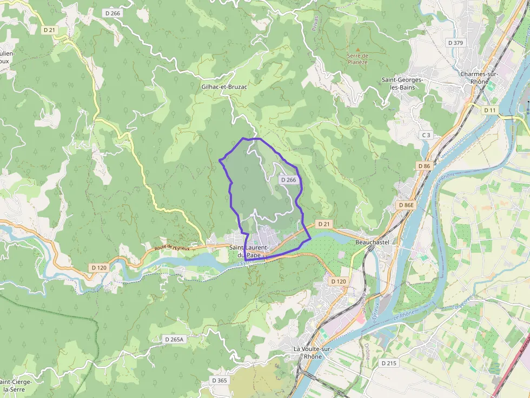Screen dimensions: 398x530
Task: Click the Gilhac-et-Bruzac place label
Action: (224, 86)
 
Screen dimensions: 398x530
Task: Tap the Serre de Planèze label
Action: (357, 58)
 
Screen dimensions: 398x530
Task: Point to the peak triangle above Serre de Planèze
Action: (357, 49)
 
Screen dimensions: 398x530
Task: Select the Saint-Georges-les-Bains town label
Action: (402, 83)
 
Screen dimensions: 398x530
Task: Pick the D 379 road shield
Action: (456, 43)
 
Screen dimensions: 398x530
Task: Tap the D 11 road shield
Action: (489, 110)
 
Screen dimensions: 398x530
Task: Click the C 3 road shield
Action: (426, 135)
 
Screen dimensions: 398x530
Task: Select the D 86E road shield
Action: (406, 205)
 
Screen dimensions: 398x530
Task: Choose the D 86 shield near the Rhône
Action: (424, 166)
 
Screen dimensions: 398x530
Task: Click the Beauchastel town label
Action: (372, 242)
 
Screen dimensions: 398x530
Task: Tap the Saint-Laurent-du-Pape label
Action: (249, 251)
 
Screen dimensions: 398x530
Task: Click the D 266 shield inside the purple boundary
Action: (288, 180)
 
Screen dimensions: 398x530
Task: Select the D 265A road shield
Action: (174, 339)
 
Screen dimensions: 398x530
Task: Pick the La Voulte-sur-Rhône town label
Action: (313, 353)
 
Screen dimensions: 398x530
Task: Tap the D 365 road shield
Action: (220, 381)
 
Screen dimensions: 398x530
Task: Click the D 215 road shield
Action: (388, 363)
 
